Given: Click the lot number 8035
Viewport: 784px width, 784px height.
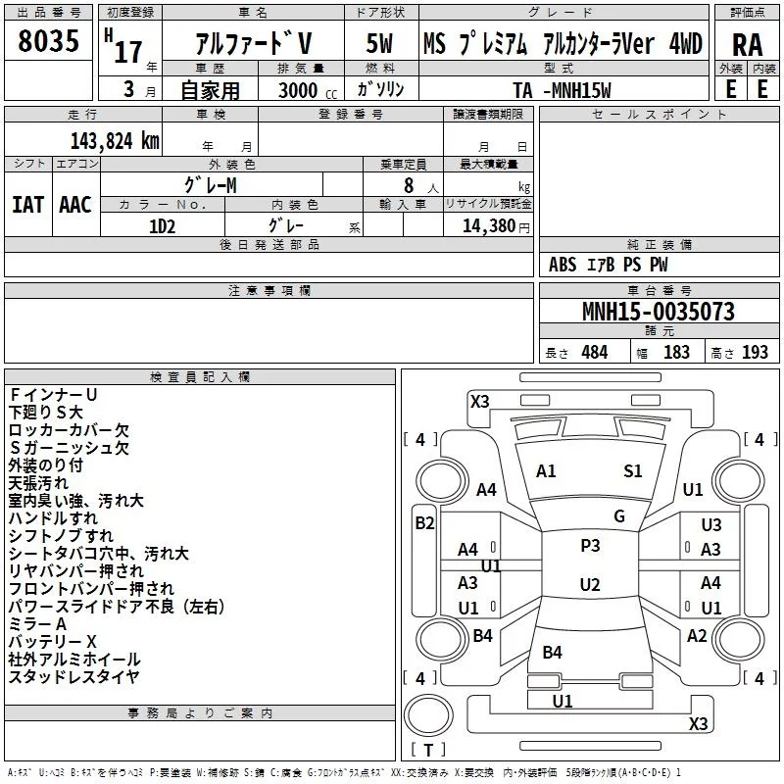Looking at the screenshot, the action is [48, 44].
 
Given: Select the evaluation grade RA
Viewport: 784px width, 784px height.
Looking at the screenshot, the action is [747, 45].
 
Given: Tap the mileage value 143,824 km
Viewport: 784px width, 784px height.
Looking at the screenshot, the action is [116, 140].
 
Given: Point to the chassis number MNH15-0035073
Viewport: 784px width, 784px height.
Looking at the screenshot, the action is [658, 312].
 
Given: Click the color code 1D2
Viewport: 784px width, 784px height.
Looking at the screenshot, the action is [163, 224].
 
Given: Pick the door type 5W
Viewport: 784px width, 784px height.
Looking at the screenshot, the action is [380, 44].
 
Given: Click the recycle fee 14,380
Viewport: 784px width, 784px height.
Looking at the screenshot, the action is [490, 224].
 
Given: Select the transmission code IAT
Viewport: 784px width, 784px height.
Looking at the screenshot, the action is [28, 204].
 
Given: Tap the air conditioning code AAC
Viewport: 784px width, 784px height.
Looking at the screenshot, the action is [75, 204].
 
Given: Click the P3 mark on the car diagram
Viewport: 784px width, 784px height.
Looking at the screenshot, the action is [590, 545].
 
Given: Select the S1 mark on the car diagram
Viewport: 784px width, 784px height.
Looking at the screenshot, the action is [633, 471].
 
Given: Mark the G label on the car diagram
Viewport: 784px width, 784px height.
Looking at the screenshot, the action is [619, 515].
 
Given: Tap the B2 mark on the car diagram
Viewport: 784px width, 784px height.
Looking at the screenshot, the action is [424, 523].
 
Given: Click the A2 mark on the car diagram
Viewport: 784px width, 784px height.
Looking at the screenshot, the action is [697, 635].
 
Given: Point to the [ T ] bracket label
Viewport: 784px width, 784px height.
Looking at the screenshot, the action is [428, 751].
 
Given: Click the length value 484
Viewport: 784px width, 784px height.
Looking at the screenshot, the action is [594, 353].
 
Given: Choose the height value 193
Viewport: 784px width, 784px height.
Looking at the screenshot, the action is [755, 353].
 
